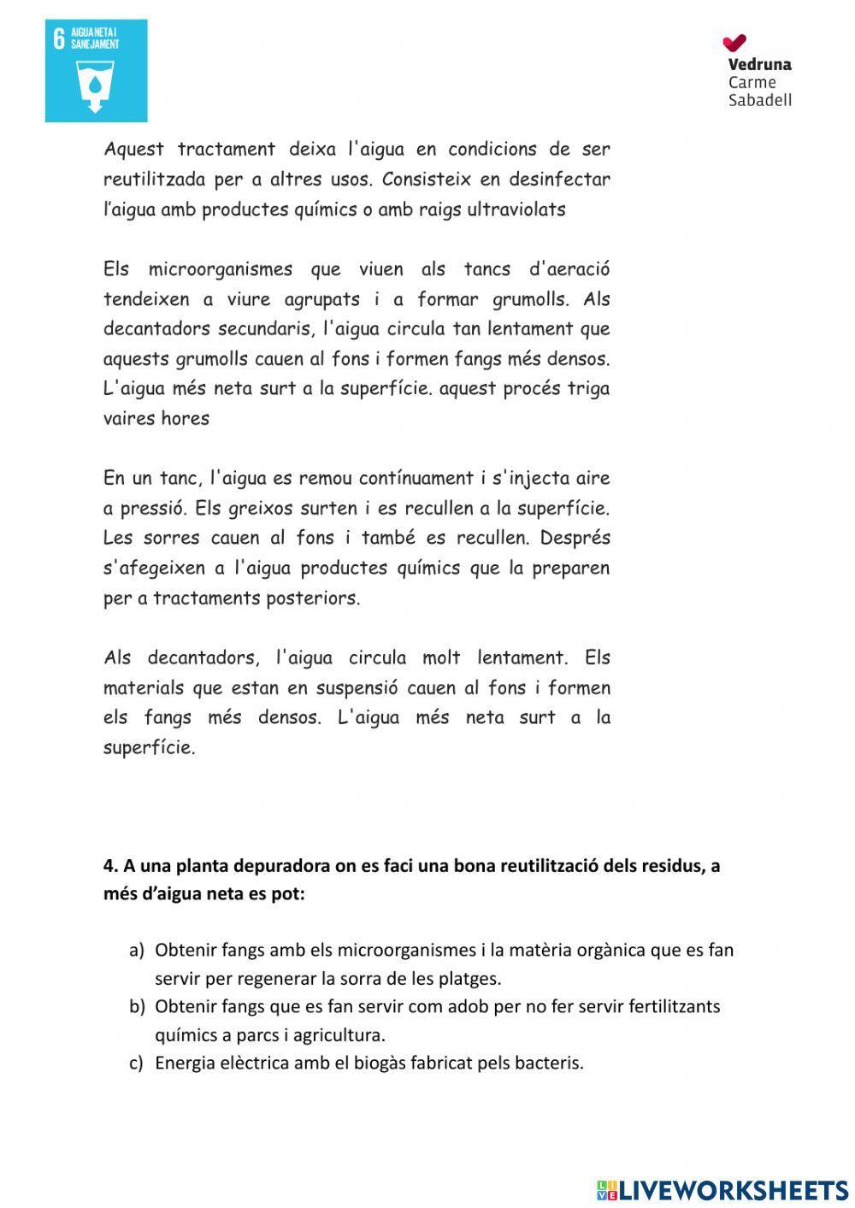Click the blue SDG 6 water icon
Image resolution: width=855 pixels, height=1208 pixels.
click(96, 71)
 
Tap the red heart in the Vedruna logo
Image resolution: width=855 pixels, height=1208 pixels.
click(734, 42)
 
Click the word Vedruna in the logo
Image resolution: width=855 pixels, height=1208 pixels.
click(759, 64)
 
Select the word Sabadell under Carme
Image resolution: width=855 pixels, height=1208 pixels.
click(759, 100)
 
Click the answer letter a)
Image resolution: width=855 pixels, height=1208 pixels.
click(137, 950)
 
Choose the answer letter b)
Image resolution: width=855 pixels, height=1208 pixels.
click(137, 1006)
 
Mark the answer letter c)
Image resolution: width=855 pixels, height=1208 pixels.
click(137, 1063)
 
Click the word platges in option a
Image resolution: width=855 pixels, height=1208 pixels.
click(472, 978)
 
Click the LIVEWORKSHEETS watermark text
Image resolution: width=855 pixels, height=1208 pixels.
click(731, 1190)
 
